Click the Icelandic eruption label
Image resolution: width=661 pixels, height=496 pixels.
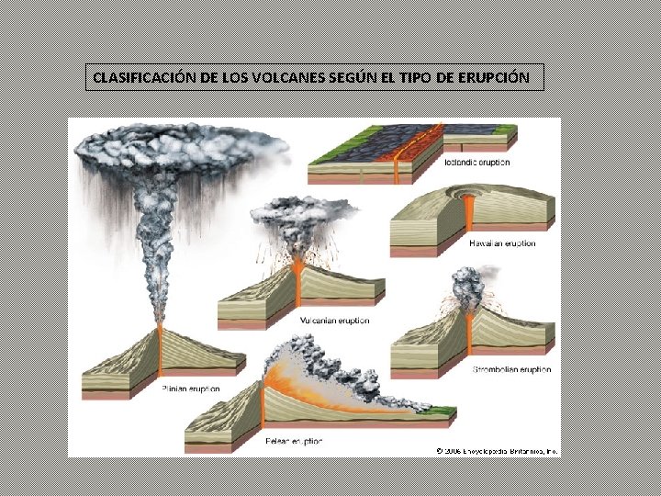point(476,163)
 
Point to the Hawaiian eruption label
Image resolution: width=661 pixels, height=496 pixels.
point(502,243)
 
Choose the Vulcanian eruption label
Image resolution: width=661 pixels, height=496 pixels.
point(335,321)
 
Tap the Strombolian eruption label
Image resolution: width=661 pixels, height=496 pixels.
point(510,369)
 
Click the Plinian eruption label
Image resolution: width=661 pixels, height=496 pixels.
point(190,389)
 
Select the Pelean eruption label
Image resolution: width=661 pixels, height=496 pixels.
point(293,442)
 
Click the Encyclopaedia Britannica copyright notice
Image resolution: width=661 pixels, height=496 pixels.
point(498,450)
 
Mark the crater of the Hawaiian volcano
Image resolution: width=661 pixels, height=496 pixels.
point(470,197)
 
